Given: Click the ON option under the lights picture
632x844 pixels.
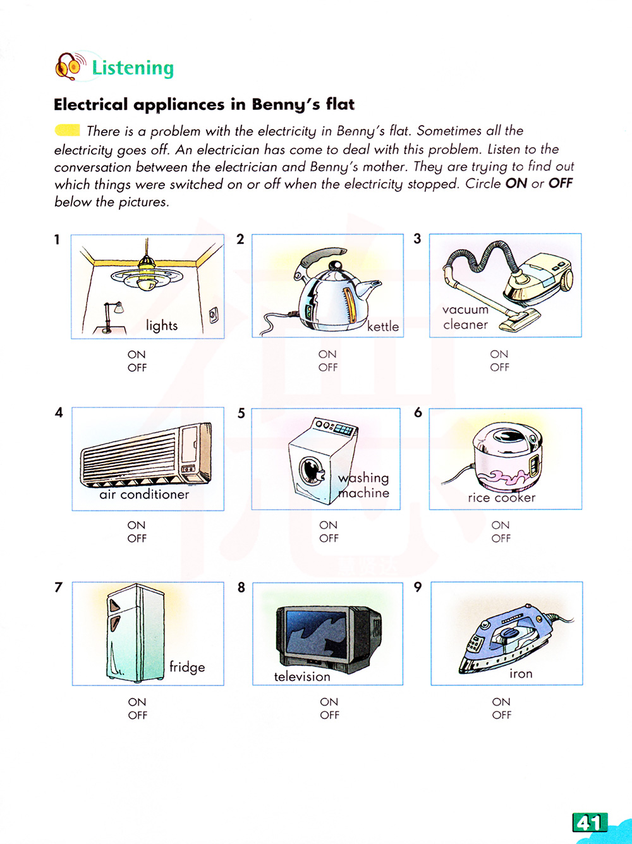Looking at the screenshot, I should (x=137, y=354).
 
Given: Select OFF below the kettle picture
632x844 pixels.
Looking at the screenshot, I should (x=328, y=368).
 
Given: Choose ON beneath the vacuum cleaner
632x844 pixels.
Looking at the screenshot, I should (x=499, y=354).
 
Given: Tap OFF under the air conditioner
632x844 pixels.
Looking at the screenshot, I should (x=137, y=538).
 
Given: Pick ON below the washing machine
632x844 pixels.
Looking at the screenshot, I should (x=328, y=525).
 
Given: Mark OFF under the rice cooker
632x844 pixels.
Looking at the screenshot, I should (x=501, y=538).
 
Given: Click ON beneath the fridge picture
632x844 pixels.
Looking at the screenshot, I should (x=137, y=702).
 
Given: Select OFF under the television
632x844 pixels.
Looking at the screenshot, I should (x=329, y=715).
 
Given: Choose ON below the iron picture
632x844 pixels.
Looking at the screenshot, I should (x=501, y=702).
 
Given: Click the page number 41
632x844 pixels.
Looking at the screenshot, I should (x=590, y=823).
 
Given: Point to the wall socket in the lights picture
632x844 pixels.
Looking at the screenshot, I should (x=214, y=314).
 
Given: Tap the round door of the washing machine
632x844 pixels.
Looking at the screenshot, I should (x=310, y=470).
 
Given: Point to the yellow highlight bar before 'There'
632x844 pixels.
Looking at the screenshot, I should (x=67, y=131).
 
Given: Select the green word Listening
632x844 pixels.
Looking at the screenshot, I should (x=133, y=68).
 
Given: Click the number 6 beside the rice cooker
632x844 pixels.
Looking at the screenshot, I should (x=418, y=413).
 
